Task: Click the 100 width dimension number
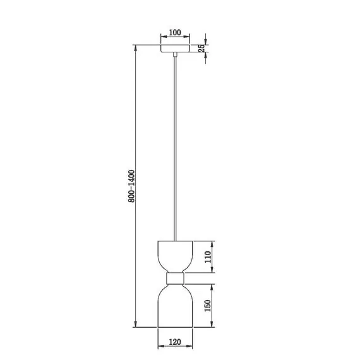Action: (175, 32)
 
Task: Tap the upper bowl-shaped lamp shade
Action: (175, 255)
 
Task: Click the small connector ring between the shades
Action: (175, 278)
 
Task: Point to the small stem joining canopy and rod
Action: (176, 57)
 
